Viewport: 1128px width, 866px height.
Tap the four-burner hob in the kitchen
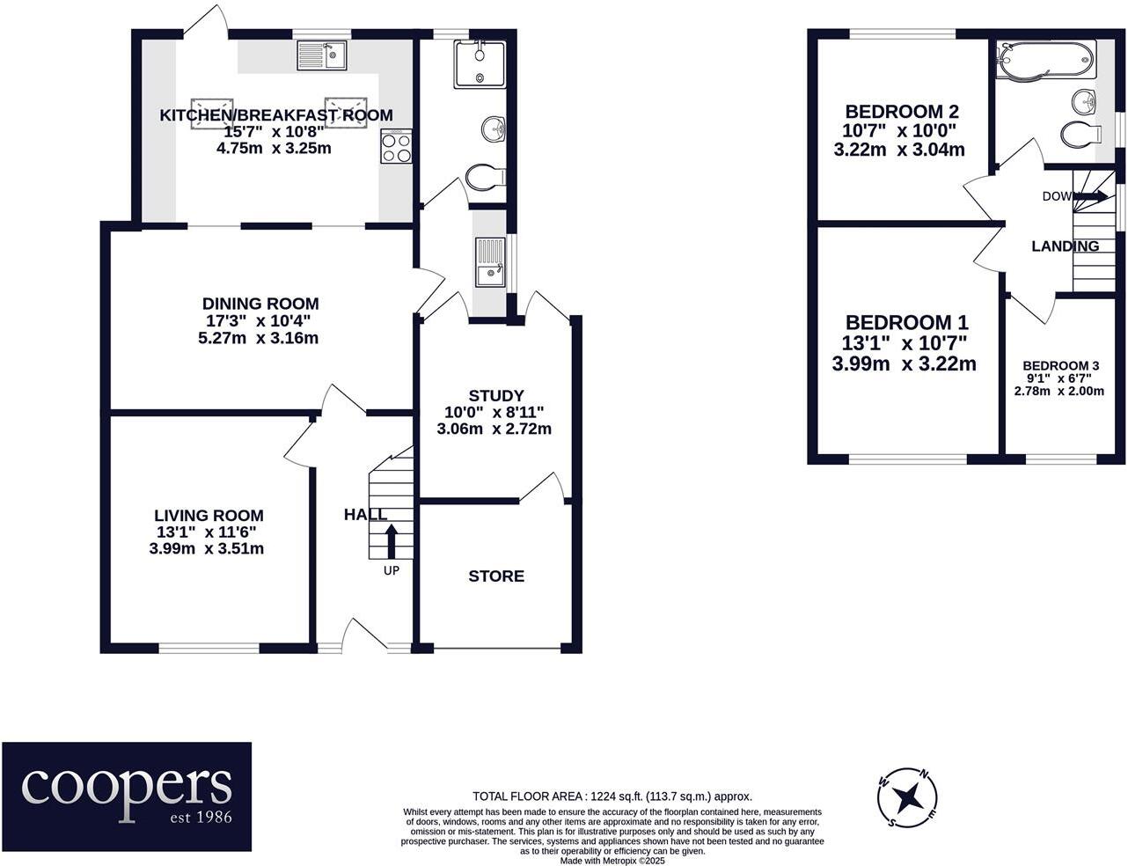point(395,146)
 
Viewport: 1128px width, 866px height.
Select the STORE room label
point(496,576)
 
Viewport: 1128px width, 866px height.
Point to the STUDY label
point(495,396)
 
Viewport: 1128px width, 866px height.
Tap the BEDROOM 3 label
point(1060,366)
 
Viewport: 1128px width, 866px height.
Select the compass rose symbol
point(907,799)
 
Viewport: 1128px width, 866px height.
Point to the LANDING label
point(1065,246)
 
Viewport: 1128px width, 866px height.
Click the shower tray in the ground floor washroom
point(480,63)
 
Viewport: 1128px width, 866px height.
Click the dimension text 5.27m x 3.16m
point(258,338)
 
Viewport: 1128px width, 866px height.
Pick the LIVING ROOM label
point(209,516)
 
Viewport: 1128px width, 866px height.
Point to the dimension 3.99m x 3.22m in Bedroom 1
point(904,363)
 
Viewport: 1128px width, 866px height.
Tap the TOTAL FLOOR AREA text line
point(612,796)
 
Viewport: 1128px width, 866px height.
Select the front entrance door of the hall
point(363,635)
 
